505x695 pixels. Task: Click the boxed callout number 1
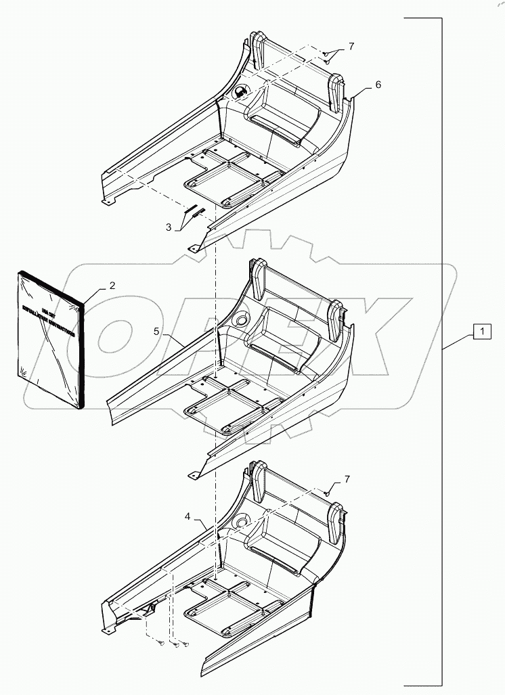[481, 332]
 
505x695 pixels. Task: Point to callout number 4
[187, 516]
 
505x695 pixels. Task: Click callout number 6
[378, 85]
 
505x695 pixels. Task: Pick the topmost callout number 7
[351, 47]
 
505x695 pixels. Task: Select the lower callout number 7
[347, 480]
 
